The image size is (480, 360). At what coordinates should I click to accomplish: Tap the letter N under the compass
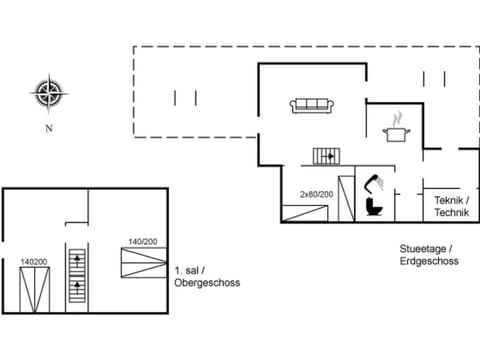tap(47, 129)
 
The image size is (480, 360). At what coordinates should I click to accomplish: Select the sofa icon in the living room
tap(312, 105)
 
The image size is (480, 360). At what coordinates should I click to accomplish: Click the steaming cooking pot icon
tap(396, 129)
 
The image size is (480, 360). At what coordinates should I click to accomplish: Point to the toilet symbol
tap(374, 205)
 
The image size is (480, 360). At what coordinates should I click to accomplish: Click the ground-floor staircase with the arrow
tap(327, 156)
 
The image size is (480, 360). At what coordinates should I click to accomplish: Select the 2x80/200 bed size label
tap(316, 194)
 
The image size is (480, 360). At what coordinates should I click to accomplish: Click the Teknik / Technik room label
tap(451, 207)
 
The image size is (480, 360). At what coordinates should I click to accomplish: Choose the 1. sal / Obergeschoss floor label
tap(207, 276)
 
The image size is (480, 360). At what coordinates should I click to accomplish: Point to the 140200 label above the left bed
tap(33, 262)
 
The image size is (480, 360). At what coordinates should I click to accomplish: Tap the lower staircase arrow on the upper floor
tap(77, 292)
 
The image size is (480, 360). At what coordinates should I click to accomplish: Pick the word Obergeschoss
tap(207, 282)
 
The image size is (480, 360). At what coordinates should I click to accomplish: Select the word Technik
tap(451, 213)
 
